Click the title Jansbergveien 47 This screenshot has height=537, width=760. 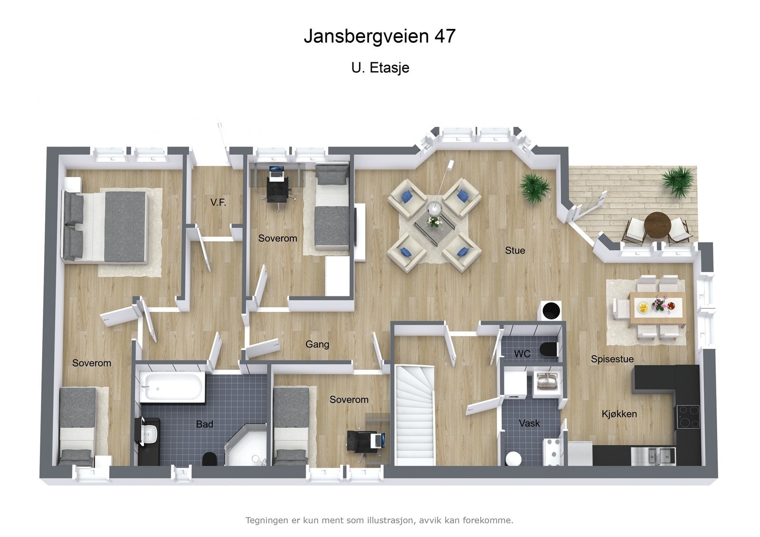380,36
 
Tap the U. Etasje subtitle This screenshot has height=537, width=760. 380,68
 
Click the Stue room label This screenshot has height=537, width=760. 515,250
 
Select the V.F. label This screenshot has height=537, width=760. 218,203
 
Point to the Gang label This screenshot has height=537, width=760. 317,344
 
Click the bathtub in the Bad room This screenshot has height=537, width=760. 172,387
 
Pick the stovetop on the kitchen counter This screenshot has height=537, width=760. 688,416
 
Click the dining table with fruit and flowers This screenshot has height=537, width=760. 657,308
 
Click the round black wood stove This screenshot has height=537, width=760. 551,311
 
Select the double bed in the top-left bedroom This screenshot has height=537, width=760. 107,226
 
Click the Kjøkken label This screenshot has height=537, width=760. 619,414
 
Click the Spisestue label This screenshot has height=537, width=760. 612,359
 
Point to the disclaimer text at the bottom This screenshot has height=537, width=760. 379,520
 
